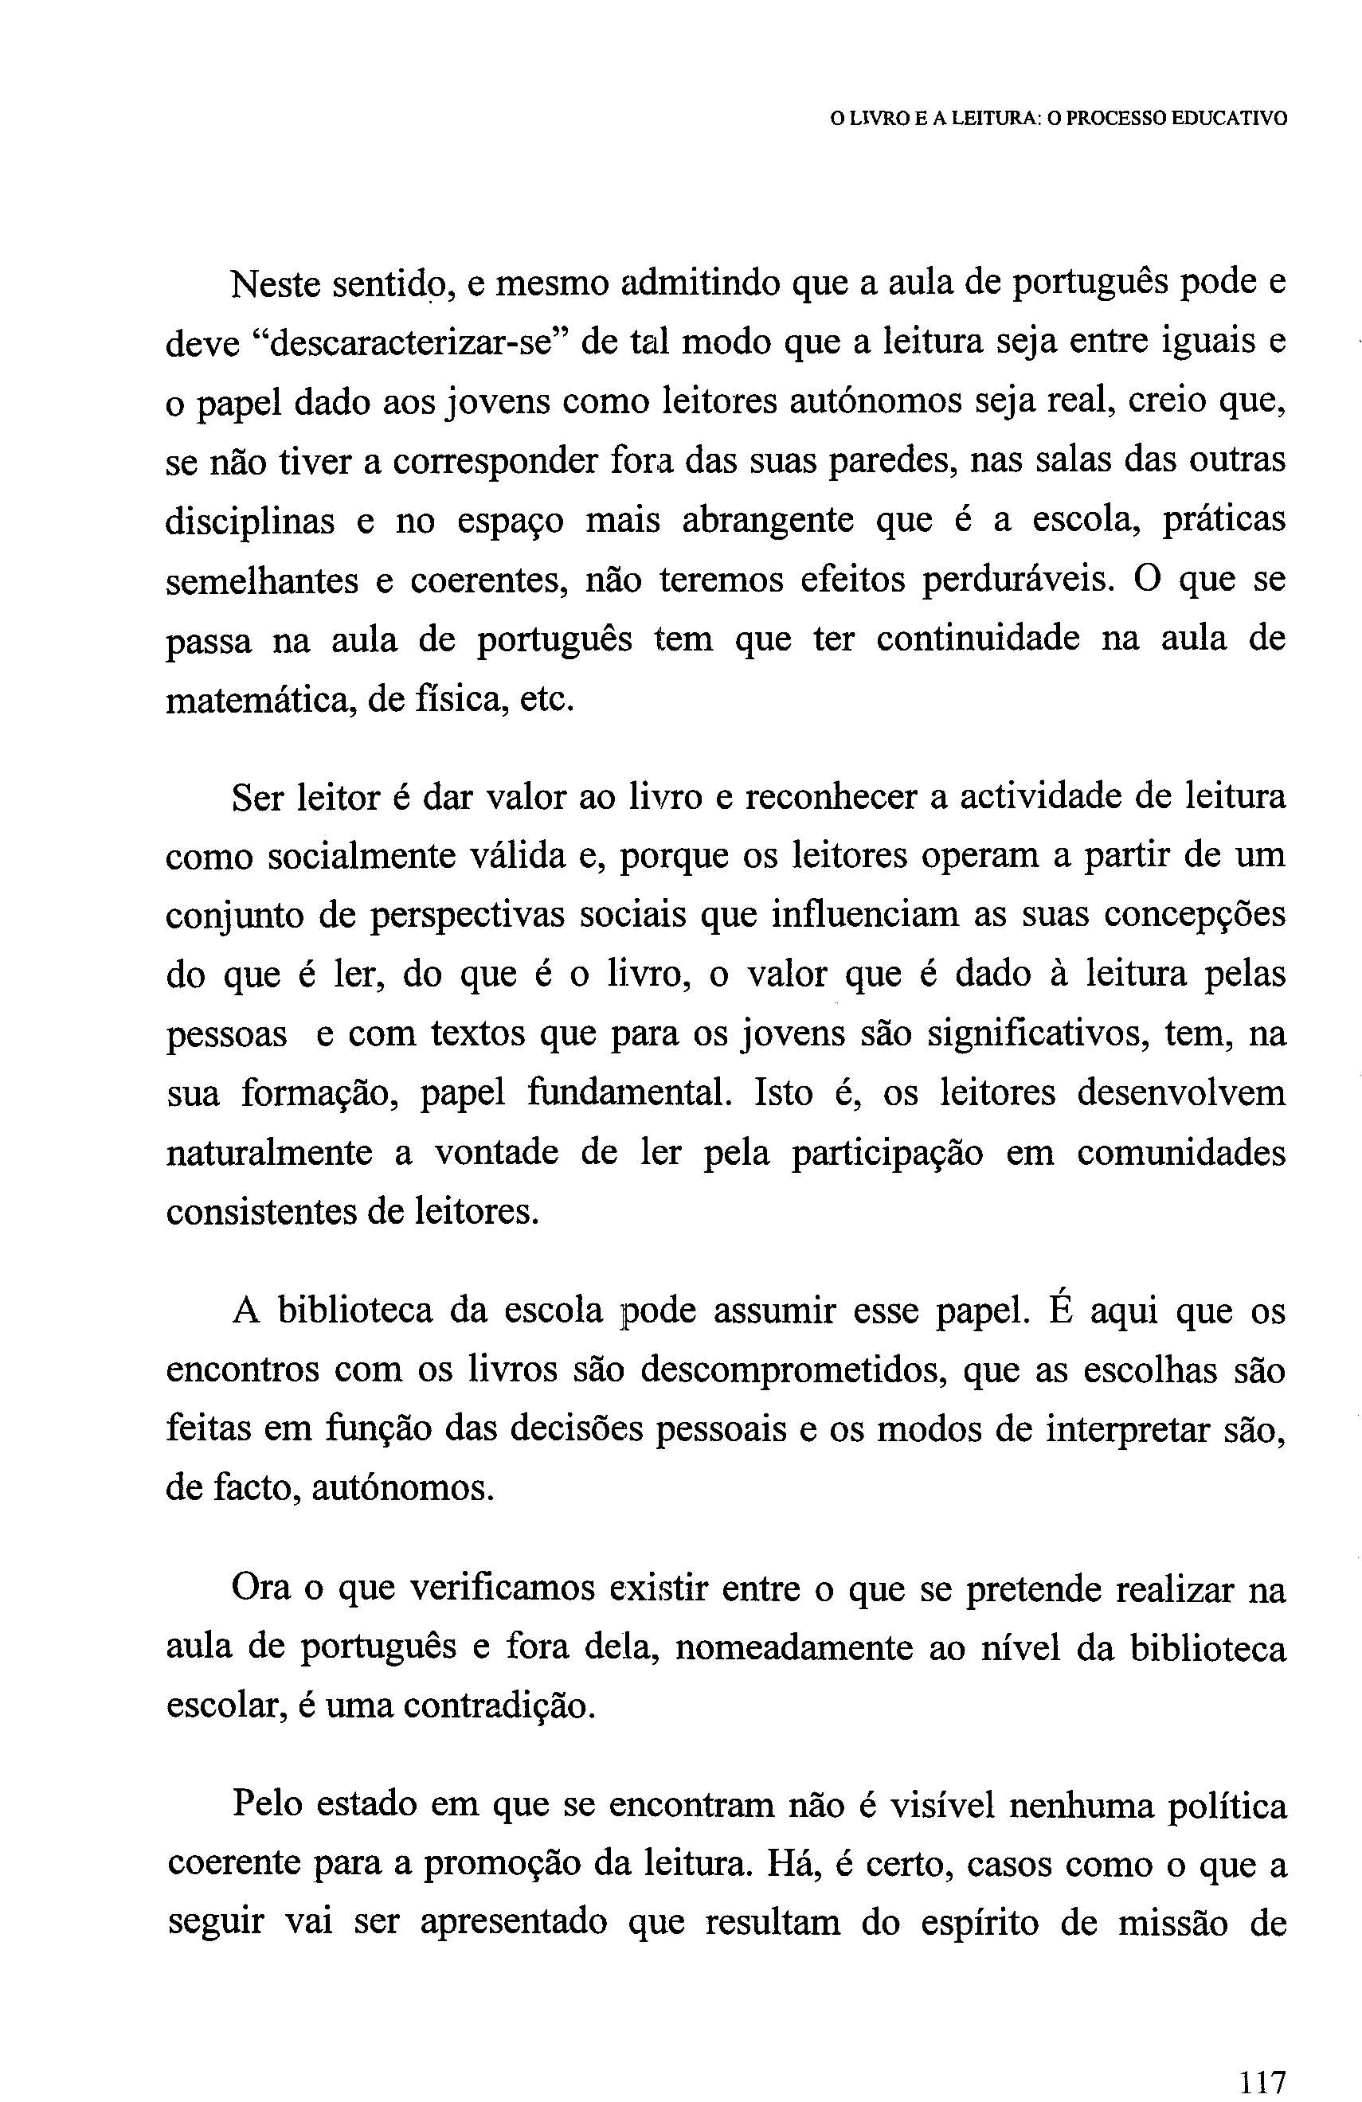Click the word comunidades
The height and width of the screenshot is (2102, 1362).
click(x=1181, y=1153)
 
